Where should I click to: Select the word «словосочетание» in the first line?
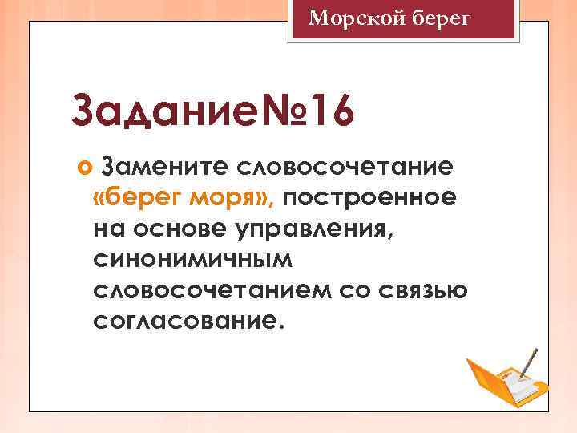tap(345, 167)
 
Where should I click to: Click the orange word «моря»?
tap(235, 198)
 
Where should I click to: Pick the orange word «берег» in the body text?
tap(153, 198)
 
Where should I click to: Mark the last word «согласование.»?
tap(188, 322)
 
